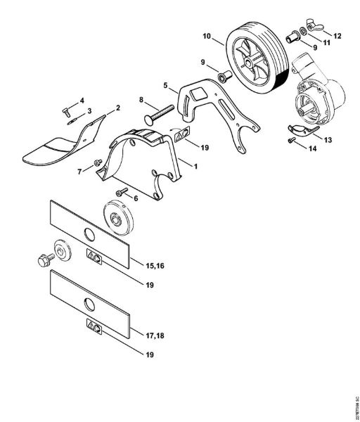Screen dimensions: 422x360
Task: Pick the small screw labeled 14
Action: click(289, 141)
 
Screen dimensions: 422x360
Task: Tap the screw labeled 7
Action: click(98, 164)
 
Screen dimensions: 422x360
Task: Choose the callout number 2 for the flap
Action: click(117, 107)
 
